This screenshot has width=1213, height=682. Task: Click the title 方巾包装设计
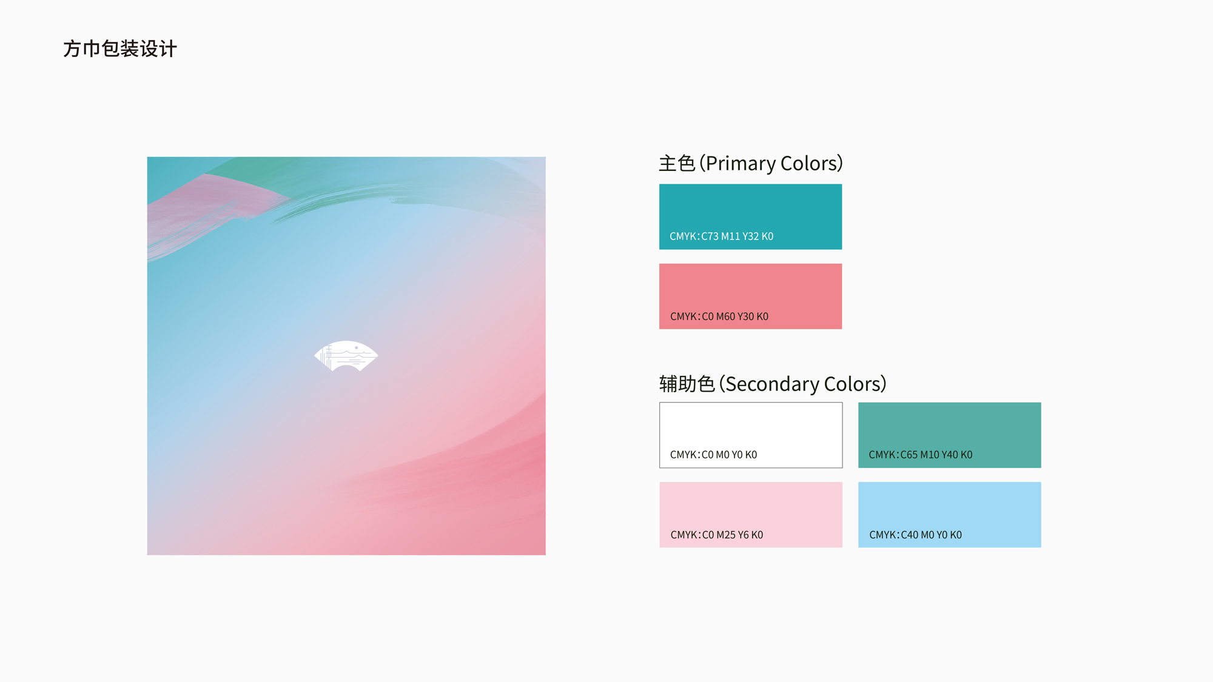[x=120, y=48]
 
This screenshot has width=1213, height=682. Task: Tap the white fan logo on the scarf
[x=346, y=355]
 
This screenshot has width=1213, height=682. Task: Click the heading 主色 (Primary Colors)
[x=751, y=163]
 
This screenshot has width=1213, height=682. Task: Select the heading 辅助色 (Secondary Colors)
[x=773, y=384]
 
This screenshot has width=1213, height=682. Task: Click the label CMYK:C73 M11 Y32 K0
[x=721, y=236]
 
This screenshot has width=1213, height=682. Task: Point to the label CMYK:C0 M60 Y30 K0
[x=719, y=316]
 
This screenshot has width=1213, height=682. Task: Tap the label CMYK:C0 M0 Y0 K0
[x=713, y=455]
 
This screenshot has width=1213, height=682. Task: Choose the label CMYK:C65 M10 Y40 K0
[x=920, y=455]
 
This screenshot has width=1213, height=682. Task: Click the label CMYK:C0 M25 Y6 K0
[x=716, y=535]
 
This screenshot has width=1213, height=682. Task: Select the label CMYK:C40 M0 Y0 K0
[x=915, y=535]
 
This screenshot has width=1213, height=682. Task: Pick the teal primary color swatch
[x=750, y=216]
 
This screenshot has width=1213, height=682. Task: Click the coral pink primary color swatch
[x=750, y=296]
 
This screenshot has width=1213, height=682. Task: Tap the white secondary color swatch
[x=751, y=435]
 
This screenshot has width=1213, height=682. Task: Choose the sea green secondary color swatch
[x=949, y=435]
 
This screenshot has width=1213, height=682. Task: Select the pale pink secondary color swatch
[x=751, y=515]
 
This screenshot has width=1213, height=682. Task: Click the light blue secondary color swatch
[x=949, y=515]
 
